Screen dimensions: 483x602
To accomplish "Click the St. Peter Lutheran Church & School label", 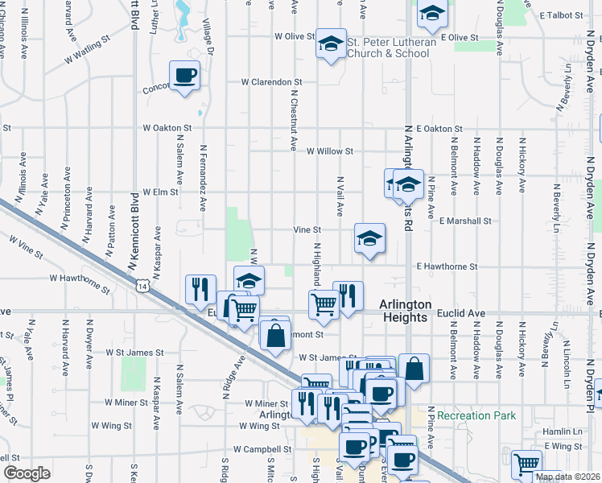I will (392, 47).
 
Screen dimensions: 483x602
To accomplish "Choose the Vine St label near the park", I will (307, 230).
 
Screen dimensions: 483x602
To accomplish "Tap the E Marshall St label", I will (465, 221).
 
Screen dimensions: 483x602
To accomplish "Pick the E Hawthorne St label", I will (447, 266).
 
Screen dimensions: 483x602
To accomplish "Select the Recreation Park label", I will (476, 415).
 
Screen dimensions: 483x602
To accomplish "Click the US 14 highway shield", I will (142, 286).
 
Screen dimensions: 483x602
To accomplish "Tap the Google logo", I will (27, 473).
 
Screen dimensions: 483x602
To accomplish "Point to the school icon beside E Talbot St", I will (432, 14).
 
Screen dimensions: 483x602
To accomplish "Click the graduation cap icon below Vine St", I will (369, 238).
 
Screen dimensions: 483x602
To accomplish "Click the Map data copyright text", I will (567, 477).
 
